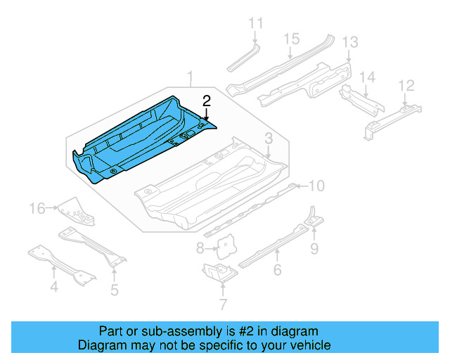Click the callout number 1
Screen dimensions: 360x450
click(188, 76)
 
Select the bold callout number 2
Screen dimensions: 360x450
click(206, 101)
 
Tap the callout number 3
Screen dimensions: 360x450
click(269, 138)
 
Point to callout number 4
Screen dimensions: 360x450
click(53, 286)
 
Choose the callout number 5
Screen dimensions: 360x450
click(114, 289)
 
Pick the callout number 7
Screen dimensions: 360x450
click(223, 305)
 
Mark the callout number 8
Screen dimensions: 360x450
click(200, 247)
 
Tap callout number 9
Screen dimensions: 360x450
click(314, 247)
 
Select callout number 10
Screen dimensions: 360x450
click(316, 186)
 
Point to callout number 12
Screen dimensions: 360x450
click(406, 85)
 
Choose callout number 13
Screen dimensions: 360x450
click(349, 42)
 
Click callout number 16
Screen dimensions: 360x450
click(38, 207)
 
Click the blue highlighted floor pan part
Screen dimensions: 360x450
click(141, 141)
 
